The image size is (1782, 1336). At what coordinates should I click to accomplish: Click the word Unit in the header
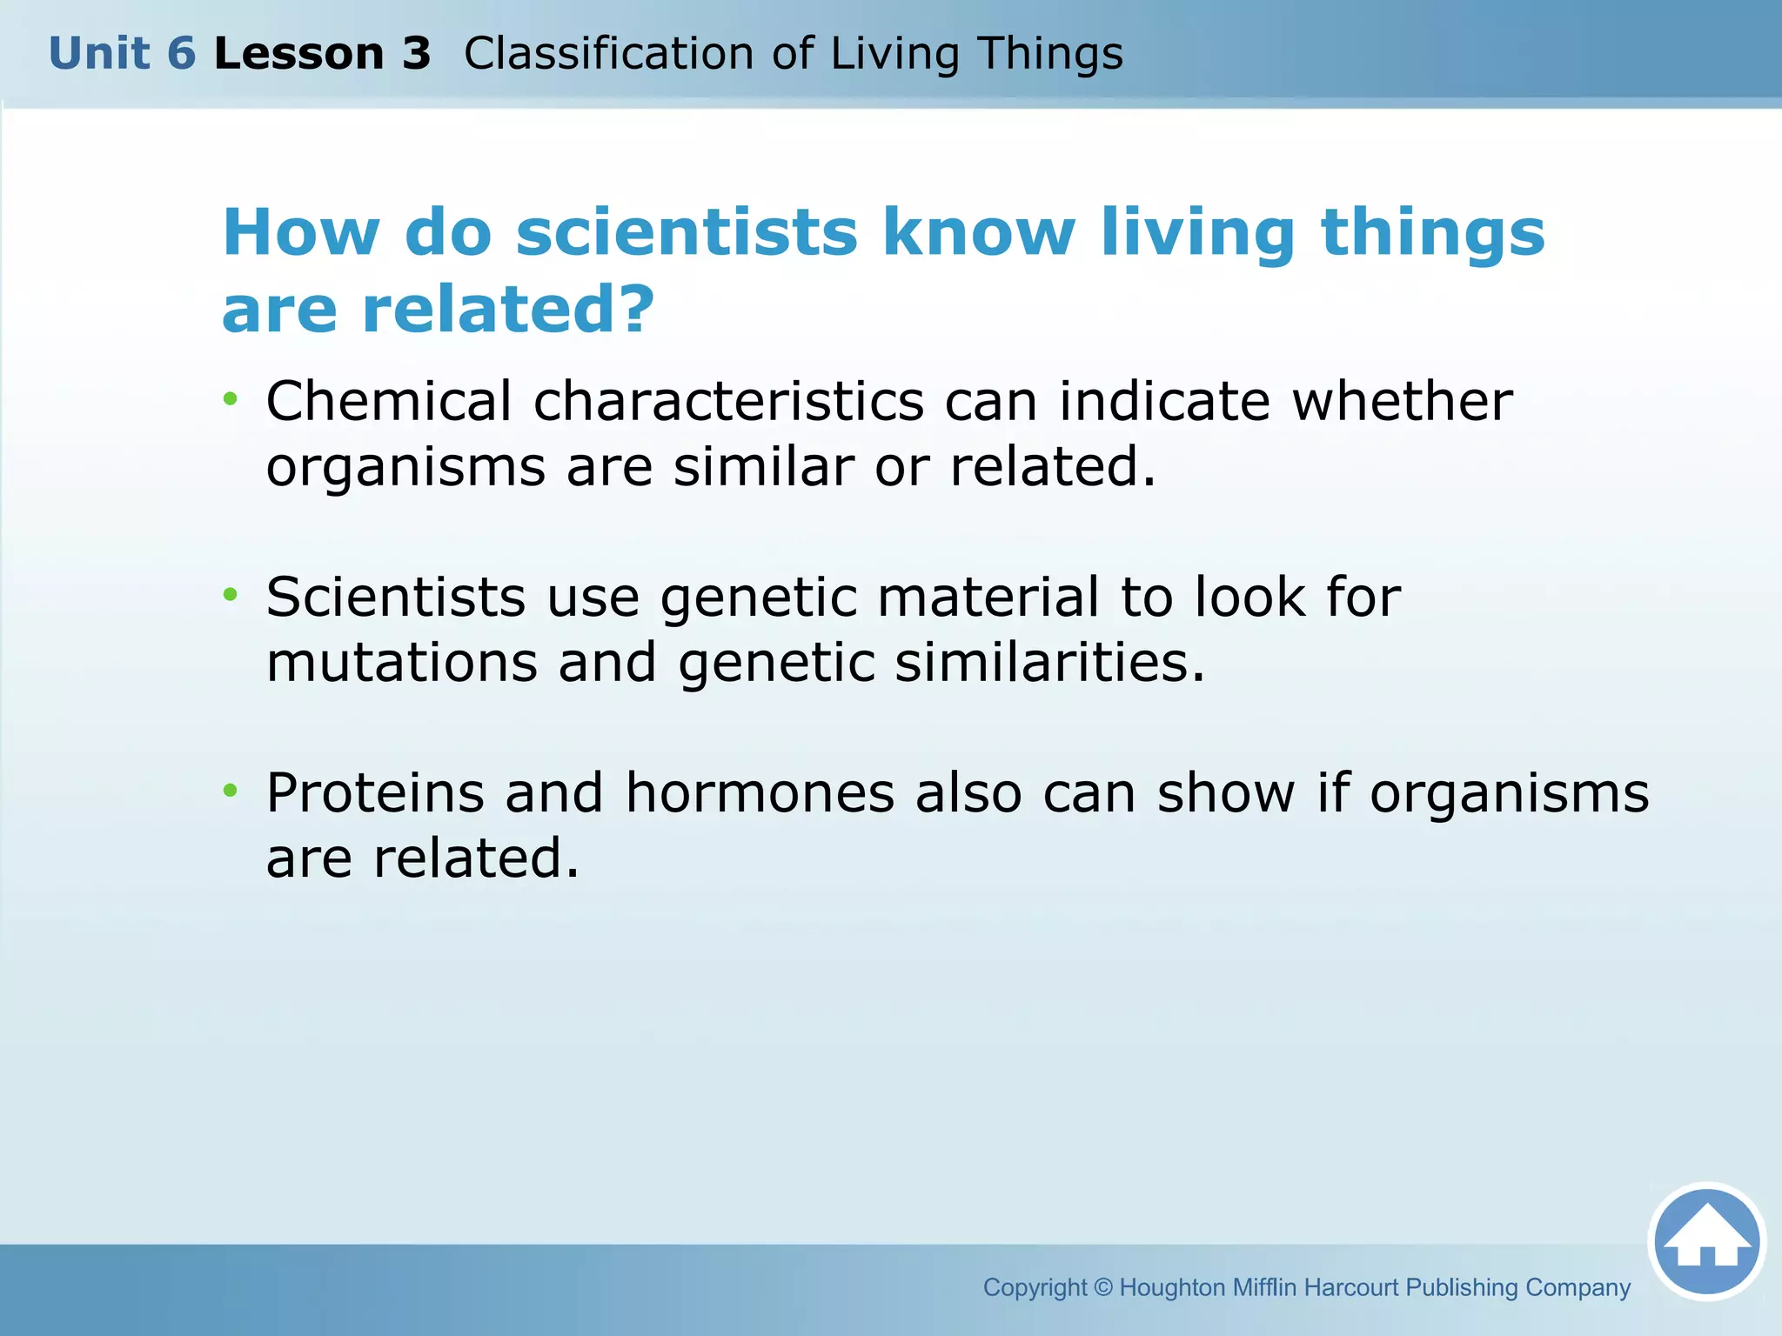tap(98, 54)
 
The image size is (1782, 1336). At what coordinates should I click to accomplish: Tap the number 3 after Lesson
tap(416, 54)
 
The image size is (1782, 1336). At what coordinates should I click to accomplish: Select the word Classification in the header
tap(607, 54)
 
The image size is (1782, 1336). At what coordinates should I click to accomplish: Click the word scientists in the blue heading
tap(687, 233)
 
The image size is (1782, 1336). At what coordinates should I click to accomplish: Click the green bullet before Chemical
tap(230, 399)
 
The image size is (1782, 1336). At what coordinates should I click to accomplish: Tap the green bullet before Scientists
tap(230, 595)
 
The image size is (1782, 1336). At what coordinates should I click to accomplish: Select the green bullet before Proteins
tap(230, 791)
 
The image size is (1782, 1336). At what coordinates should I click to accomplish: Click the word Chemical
tap(388, 402)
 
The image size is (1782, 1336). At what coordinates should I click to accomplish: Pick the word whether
tap(1402, 402)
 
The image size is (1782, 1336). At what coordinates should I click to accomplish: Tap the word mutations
tap(401, 663)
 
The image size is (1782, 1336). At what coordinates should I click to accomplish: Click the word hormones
tap(760, 793)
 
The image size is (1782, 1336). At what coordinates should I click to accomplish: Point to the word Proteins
tap(375, 793)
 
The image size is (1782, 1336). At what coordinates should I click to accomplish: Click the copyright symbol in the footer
tap(1102, 1287)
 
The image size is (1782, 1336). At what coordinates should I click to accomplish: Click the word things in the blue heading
tap(1432, 233)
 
